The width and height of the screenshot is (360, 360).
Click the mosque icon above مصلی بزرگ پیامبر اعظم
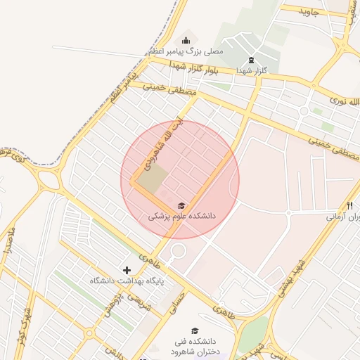coord(186,40)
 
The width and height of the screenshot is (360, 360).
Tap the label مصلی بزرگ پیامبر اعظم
coord(185,52)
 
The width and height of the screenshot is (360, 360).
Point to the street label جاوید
coord(309,12)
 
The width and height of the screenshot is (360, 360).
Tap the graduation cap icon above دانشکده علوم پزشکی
coord(181,205)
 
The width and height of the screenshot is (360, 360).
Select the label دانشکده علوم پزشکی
coord(181,217)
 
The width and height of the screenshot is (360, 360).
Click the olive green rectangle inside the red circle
coord(153,179)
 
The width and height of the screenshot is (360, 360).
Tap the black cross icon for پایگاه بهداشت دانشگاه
coord(127,270)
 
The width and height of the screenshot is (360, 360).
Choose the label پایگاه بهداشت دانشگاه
coord(127,281)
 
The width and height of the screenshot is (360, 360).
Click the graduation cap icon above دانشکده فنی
coord(195,330)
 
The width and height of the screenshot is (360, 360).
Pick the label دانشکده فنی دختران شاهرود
coord(195,347)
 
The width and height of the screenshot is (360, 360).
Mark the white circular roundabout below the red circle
coord(178,251)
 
